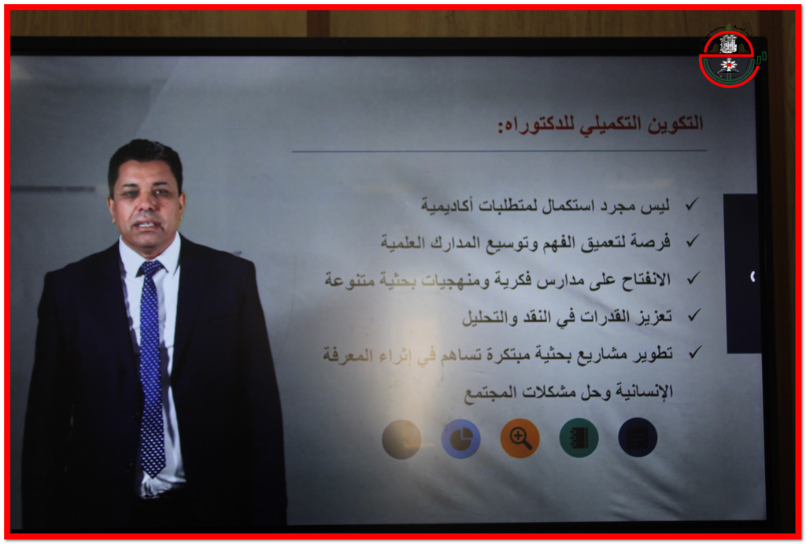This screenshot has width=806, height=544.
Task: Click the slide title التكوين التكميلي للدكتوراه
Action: (600, 124)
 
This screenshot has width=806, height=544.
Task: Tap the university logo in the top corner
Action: (730, 57)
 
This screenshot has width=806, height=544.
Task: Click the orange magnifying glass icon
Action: (519, 438)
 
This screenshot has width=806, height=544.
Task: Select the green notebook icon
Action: (579, 438)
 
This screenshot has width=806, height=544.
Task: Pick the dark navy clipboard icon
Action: (638, 437)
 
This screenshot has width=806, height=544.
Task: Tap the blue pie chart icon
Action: (460, 439)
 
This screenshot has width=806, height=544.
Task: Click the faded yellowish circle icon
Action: (401, 439)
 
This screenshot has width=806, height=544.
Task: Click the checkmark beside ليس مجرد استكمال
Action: (692, 204)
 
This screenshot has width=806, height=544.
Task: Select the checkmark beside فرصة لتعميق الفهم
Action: (693, 240)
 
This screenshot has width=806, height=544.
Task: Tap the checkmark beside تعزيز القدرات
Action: (694, 315)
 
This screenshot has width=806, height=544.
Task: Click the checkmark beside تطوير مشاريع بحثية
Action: (696, 352)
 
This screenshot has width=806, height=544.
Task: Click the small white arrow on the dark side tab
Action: (752, 276)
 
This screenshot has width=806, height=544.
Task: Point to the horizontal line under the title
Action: (499, 151)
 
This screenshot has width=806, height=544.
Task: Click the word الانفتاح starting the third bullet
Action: (646, 279)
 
